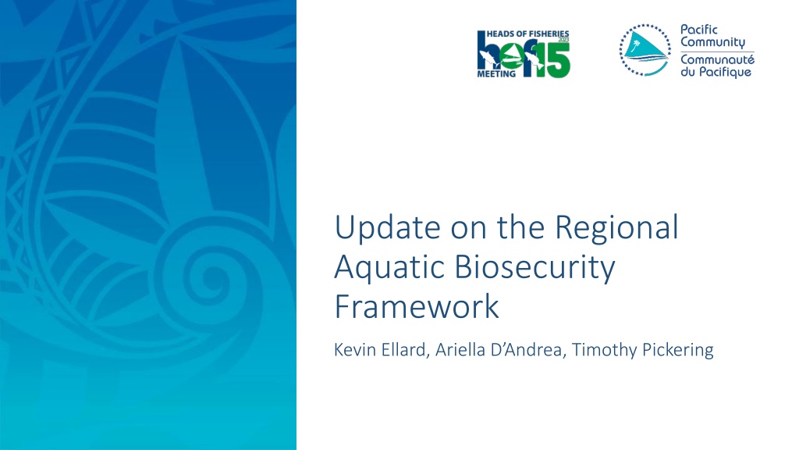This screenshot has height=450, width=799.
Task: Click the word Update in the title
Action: coord(387,227)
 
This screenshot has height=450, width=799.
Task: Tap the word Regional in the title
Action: coord(616,227)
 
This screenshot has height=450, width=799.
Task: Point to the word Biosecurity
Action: coord(534,267)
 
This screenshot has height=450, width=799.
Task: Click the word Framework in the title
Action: coord(417,306)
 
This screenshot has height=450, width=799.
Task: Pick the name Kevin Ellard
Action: coord(380,350)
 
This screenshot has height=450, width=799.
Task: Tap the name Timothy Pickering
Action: coord(643,350)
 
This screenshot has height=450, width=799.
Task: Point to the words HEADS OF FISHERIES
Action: coord(528,34)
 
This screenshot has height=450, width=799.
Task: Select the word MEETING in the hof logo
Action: coord(495,74)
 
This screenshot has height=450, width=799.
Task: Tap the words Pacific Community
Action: coord(713,36)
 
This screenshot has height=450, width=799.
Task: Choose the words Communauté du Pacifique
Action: coord(717,66)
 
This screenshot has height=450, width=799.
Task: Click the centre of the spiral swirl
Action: coord(210,279)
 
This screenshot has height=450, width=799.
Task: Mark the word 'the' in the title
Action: coord(521,227)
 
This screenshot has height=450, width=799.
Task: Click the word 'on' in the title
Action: coord(469,230)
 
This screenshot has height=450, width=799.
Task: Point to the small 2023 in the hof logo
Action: coord(563,40)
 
